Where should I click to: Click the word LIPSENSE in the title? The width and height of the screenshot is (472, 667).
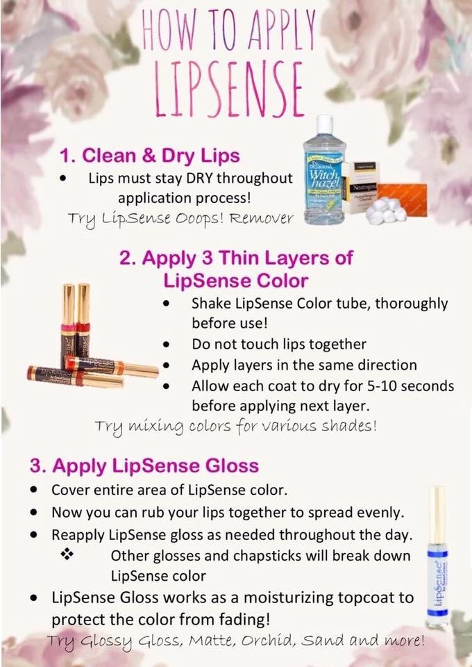(228, 90)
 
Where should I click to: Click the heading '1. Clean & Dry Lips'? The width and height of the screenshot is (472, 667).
(150, 155)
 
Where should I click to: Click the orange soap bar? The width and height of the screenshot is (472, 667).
(403, 199)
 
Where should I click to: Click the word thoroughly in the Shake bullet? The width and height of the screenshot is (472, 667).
(411, 304)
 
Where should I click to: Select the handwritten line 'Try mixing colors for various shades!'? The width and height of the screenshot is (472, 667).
(236, 426)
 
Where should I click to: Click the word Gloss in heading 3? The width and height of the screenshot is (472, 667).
(232, 466)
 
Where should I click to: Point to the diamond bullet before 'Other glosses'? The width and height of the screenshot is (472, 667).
(68, 554)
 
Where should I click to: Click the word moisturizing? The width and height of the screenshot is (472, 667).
(300, 598)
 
